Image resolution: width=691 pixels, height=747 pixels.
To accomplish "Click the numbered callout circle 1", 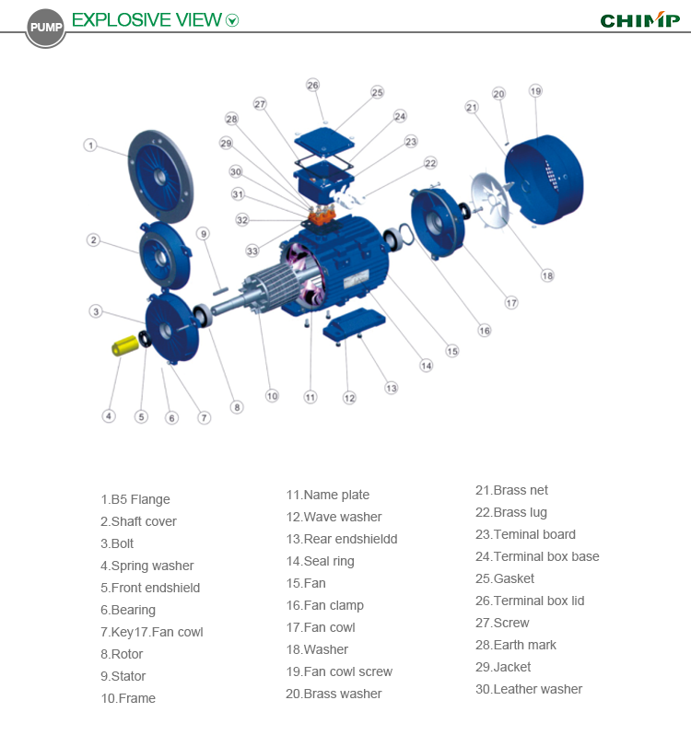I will point(90,145).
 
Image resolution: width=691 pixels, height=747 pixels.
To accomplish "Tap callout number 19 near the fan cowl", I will point(535,91).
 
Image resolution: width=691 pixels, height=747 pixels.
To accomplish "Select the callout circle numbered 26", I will point(312,85).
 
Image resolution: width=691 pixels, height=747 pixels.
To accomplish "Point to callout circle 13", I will point(392,388).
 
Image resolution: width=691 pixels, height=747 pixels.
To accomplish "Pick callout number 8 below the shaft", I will point(237,407).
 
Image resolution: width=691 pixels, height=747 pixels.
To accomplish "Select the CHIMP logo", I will point(639,20).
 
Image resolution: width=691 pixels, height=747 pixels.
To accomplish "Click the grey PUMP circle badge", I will point(46,27).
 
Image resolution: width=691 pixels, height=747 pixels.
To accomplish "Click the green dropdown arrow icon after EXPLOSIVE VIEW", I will point(232,20).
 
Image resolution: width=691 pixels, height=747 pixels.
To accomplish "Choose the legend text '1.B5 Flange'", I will point(135,499).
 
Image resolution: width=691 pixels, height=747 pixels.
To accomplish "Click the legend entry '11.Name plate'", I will point(327,495).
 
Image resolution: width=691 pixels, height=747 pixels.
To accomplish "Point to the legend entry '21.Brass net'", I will point(511,490).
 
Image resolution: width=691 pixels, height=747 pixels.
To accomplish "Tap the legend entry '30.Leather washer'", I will point(528,689).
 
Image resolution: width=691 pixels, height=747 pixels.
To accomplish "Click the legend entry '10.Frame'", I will point(128,698).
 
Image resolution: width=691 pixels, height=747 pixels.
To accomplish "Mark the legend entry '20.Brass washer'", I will point(333,694).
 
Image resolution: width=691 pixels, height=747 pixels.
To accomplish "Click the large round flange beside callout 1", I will point(158,175).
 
